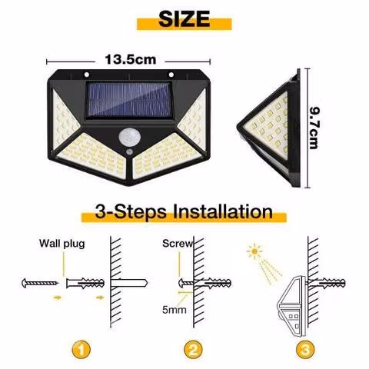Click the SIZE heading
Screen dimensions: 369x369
tap(184, 19)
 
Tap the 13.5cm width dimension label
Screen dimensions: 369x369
tap(131, 59)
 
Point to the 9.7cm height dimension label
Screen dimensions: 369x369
tap(314, 128)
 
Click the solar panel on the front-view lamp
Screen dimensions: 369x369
tap(128, 100)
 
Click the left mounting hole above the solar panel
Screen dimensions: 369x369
tap(87, 75)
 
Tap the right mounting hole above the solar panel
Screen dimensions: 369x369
tap(171, 75)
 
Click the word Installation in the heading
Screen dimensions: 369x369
tap(223, 212)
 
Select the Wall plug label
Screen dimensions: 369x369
tap(62, 244)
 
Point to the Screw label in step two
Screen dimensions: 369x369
tap(178, 244)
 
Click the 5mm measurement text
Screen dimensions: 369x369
tap(175, 310)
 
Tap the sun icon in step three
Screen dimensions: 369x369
tap(254, 251)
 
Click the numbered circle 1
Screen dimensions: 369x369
tap(81, 350)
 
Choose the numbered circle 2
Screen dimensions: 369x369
tap(193, 350)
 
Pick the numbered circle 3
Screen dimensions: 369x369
tap(305, 350)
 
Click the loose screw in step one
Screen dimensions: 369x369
tap(40, 283)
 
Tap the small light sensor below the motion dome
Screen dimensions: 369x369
tap(130, 151)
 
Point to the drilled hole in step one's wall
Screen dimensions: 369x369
tap(129, 283)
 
